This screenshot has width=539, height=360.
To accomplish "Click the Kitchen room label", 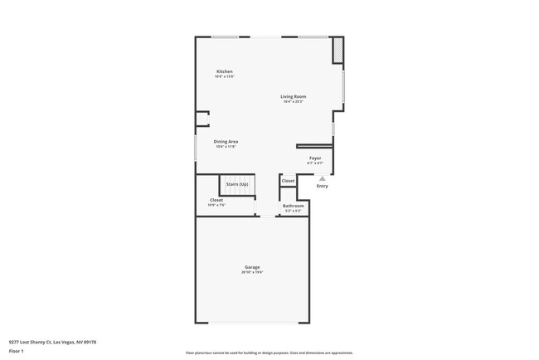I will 225,71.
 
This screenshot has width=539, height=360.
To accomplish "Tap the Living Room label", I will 294,97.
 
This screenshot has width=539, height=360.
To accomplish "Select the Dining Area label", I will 226,142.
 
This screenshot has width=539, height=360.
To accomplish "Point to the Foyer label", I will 315,158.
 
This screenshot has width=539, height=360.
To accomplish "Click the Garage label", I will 252,267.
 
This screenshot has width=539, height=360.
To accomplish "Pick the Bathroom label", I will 294,206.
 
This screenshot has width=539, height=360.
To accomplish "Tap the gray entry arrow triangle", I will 323,178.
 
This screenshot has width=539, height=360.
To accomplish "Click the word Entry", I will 323,186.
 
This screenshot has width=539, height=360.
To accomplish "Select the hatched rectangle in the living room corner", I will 338,51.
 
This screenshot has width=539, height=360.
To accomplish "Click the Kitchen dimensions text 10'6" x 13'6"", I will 225,77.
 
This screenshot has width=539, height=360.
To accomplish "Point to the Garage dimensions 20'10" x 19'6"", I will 252,272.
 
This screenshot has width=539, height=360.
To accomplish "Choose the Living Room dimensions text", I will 294,102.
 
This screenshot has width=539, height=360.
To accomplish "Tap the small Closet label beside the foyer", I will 288,181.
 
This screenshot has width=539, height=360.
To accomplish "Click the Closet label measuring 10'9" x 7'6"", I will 216,200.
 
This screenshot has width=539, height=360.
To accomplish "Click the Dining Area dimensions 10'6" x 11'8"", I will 226,147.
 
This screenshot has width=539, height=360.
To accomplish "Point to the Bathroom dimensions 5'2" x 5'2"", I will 294,211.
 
